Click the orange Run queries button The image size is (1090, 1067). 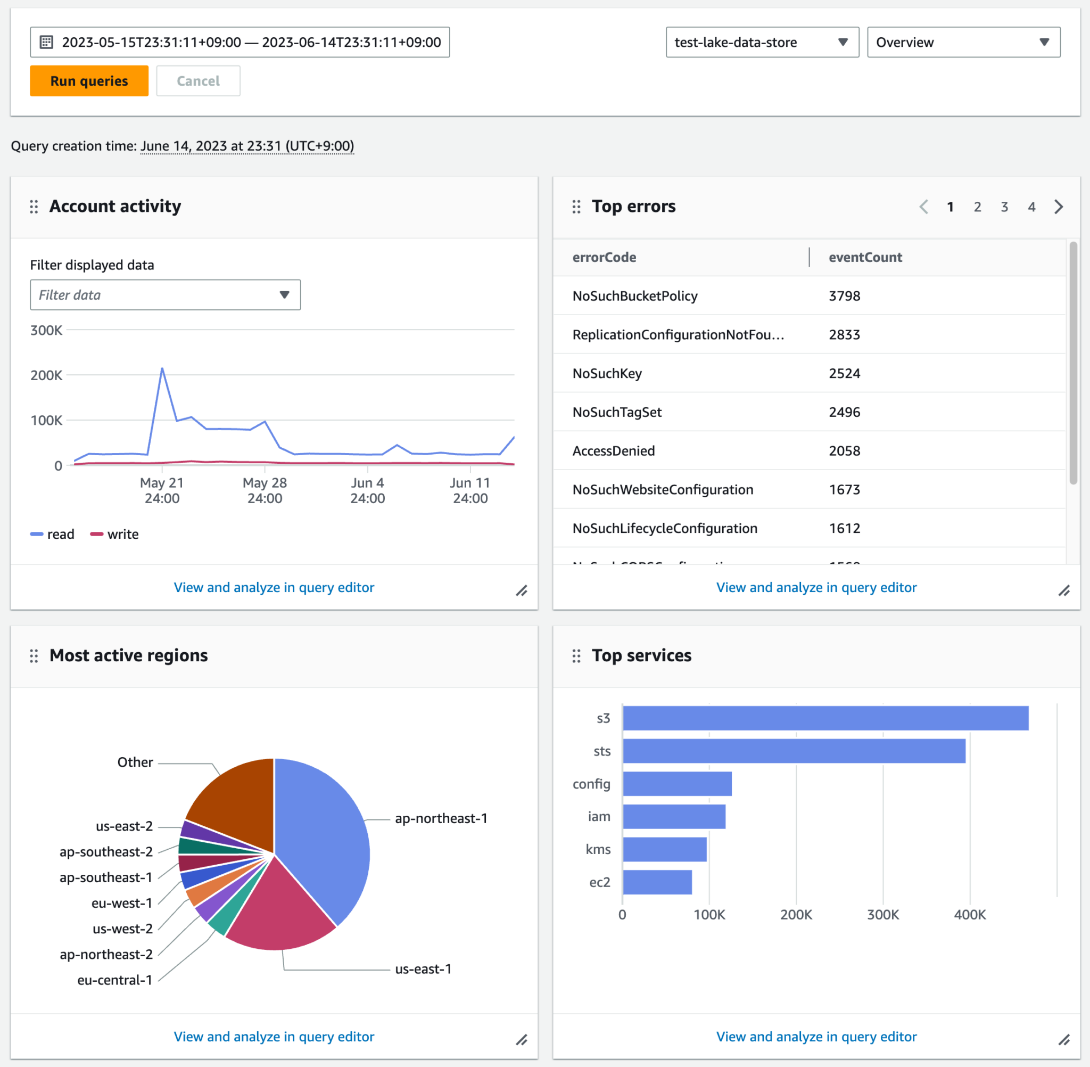[89, 81]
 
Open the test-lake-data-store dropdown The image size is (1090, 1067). [762, 42]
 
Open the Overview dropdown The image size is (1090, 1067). [963, 42]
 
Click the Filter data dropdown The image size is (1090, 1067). [165, 295]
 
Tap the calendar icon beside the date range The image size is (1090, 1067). [46, 42]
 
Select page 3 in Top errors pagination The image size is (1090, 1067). [1004, 207]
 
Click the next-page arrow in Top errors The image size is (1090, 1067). [1058, 207]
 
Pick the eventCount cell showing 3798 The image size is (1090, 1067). [844, 296]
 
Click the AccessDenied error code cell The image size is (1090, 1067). [613, 451]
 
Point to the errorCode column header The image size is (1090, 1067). [604, 257]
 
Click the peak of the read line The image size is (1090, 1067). [162, 368]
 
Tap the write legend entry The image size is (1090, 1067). [115, 534]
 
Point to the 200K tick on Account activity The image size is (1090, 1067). [46, 375]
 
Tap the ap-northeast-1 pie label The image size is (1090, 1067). [441, 818]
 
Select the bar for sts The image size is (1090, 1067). [794, 751]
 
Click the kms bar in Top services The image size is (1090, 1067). [665, 850]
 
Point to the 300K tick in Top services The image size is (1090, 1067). [883, 915]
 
